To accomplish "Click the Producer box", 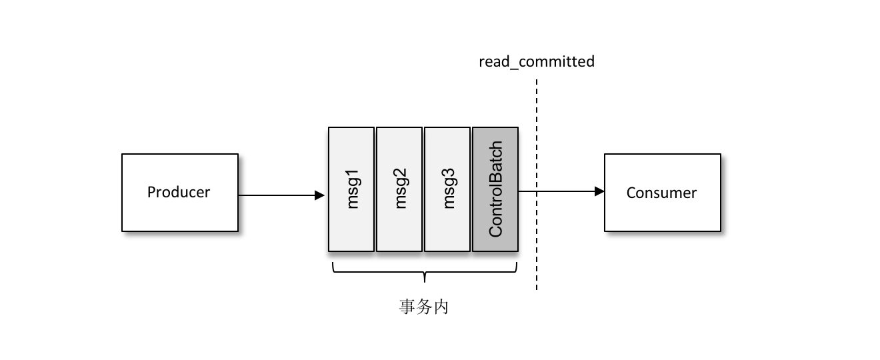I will point(179,193).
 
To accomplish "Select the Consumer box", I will point(662,193).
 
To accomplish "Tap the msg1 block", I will point(351,189).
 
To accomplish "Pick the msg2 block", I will point(399,189).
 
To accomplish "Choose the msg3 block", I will point(447,189).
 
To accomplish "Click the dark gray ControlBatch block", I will point(495,189).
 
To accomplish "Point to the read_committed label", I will point(536,62).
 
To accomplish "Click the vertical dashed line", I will point(536,253).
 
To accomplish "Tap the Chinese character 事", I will point(407,307).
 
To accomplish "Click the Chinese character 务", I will point(425,307).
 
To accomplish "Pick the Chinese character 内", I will point(441,307).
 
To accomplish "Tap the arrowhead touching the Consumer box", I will point(599,191).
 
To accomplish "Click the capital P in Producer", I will point(151,193).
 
